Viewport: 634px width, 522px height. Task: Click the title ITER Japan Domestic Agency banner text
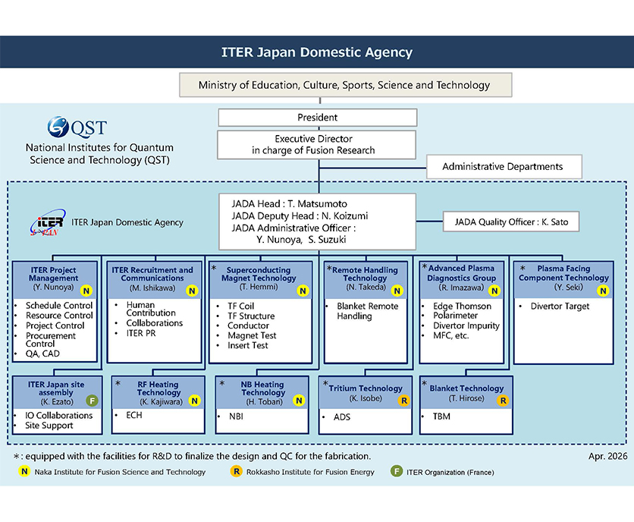point(317,52)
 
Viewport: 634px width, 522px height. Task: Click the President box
point(317,118)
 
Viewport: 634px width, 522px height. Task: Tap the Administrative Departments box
point(502,166)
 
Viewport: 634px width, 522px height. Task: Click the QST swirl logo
point(59,127)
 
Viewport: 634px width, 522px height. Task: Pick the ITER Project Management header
point(54,274)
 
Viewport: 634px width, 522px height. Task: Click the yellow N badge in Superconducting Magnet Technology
point(303,291)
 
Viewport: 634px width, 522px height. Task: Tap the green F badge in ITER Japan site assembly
point(92,401)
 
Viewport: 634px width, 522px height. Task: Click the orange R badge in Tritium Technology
point(404,400)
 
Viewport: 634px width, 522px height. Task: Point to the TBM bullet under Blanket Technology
point(441,417)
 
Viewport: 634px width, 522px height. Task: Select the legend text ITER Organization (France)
point(450,472)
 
